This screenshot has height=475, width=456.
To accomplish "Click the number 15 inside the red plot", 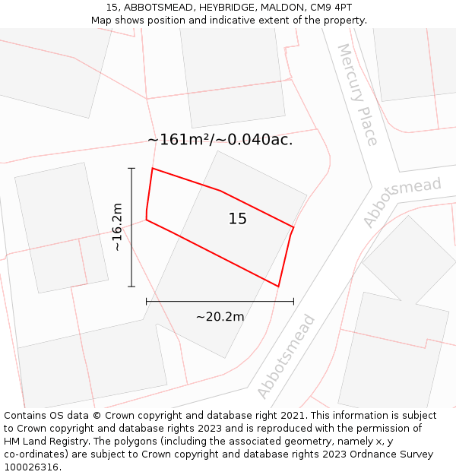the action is [238, 219].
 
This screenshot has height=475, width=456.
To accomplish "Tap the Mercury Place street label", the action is [357, 94].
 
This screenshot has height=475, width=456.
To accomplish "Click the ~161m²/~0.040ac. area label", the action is [220, 140].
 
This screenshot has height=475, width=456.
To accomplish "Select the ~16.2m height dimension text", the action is [117, 226].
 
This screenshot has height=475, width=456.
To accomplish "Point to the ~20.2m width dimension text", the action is [220, 317].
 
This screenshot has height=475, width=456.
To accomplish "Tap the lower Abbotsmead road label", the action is [286, 356].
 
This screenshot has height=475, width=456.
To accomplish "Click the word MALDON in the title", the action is [278, 7].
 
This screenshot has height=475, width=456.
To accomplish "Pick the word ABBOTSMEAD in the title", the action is [156, 7].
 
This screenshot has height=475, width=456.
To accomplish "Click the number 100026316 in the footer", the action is [32, 467].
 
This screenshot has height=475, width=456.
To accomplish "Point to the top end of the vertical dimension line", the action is [131, 168].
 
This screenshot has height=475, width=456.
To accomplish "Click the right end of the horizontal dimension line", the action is [293, 302].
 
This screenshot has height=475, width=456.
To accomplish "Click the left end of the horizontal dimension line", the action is [146, 302].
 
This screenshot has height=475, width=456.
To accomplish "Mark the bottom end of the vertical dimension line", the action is [131, 287].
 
